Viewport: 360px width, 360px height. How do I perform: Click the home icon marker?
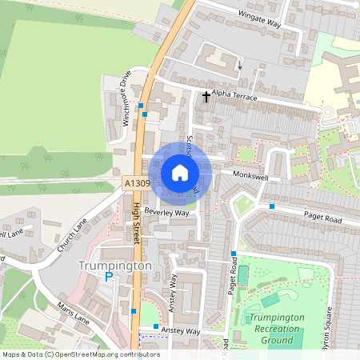click(180, 172)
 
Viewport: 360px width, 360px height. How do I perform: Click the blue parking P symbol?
click(109, 277)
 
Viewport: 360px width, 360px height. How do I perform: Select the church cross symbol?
click(206, 97)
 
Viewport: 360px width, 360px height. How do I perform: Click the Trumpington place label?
click(114, 265)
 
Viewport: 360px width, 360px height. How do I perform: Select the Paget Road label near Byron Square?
click(322, 216)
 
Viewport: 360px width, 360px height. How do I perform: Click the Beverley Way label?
click(166, 213)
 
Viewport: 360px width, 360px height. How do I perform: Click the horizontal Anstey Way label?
click(182, 330)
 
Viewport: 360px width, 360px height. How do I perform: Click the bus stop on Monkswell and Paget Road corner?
click(272, 206)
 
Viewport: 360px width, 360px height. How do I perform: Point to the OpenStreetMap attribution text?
click(81, 354)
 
